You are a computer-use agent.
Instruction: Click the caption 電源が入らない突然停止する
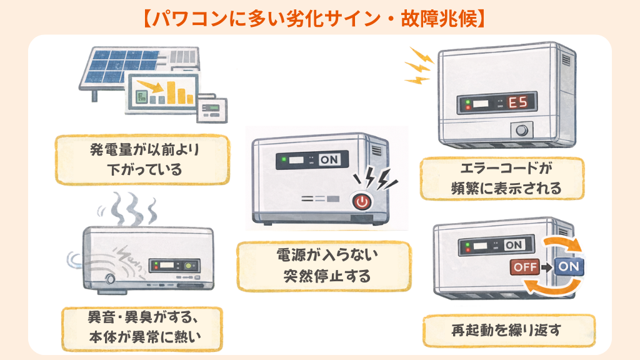click(324, 265)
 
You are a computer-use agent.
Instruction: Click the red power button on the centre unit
click(361, 201)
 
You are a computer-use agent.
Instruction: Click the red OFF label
click(524, 267)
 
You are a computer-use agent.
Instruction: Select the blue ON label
click(567, 266)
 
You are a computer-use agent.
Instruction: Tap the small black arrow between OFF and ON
click(545, 267)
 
